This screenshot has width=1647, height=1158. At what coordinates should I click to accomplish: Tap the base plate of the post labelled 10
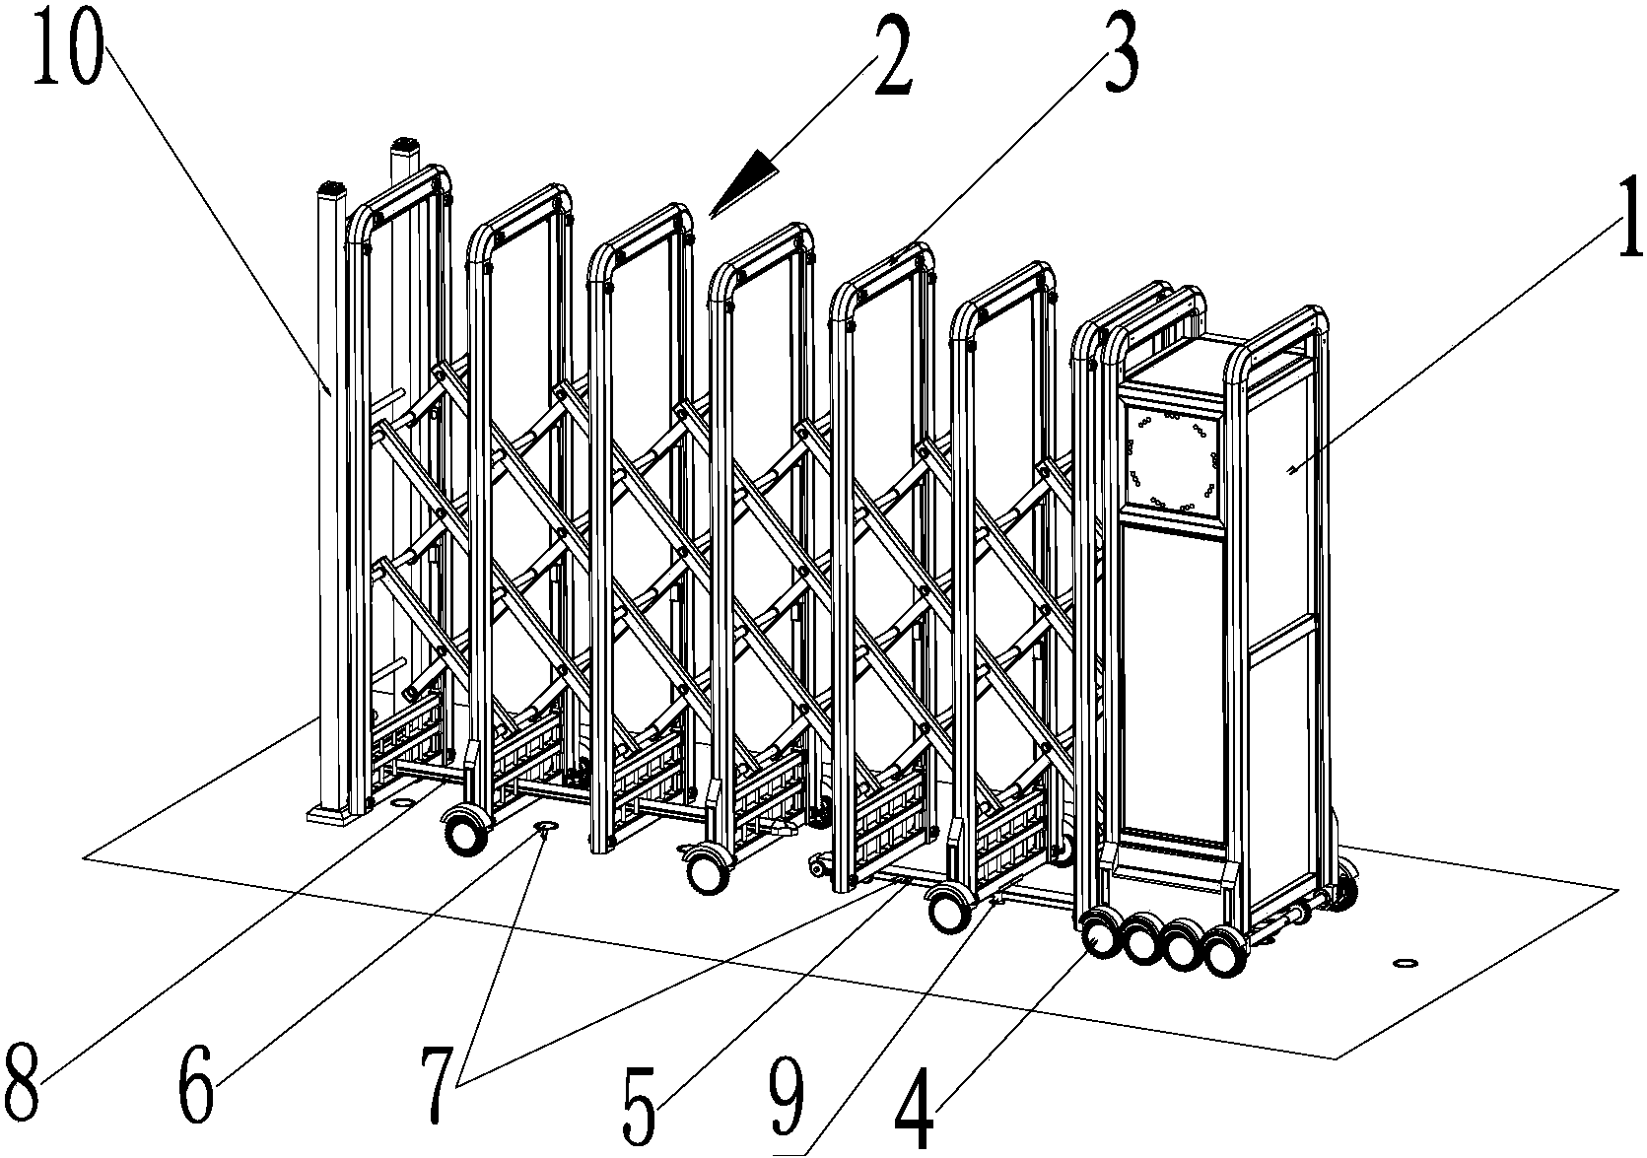pyautogui.click(x=332, y=814)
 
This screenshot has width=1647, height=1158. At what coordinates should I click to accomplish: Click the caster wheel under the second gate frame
pyautogui.click(x=465, y=833)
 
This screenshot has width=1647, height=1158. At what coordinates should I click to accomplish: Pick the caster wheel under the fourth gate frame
pyautogui.click(x=705, y=871)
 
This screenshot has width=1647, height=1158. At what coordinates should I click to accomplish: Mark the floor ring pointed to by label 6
pyautogui.click(x=545, y=824)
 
